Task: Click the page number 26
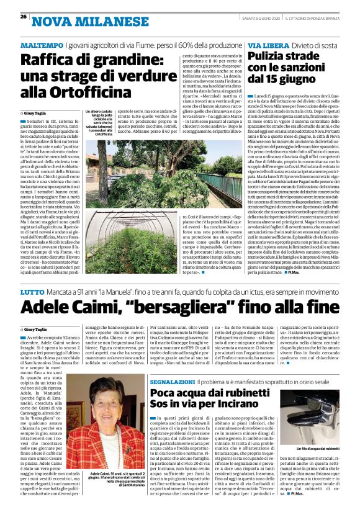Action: coord(23,17)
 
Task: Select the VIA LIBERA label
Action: coord(264,47)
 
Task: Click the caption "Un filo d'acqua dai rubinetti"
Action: coord(314,449)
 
